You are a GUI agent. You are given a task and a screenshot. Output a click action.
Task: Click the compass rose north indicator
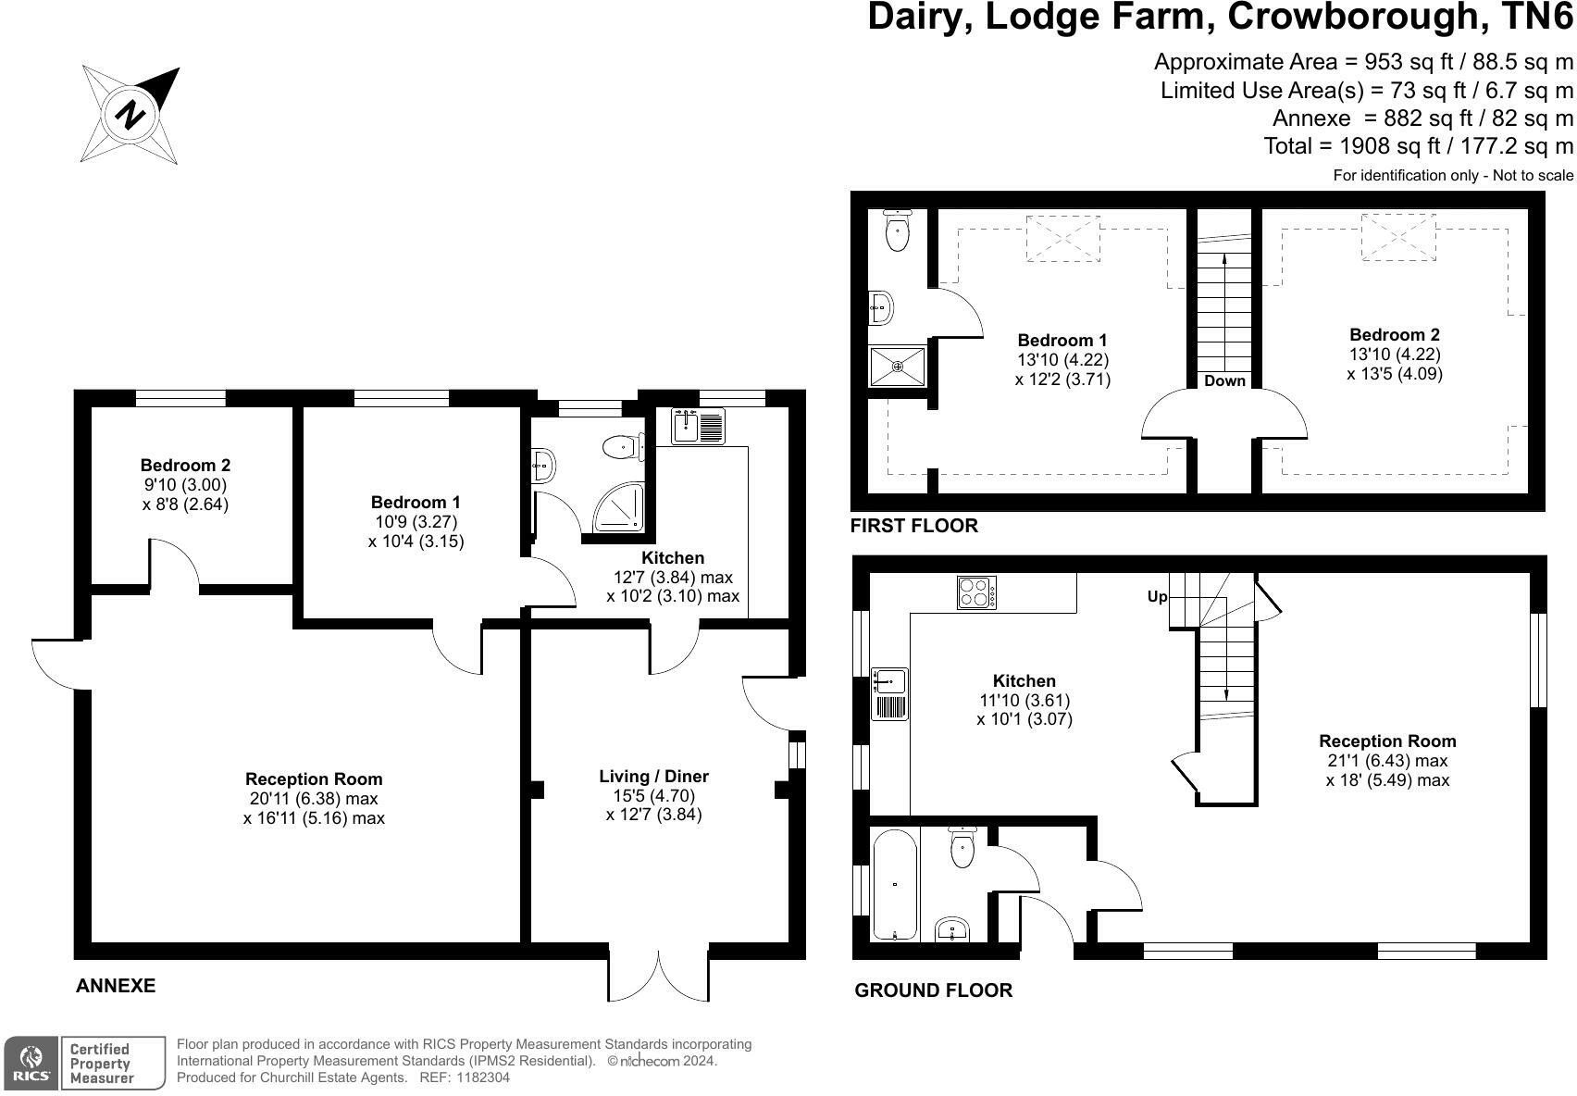(130, 115)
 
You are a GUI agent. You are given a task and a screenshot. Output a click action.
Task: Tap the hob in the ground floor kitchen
(976, 592)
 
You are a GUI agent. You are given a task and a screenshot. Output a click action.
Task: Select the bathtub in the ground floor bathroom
(895, 884)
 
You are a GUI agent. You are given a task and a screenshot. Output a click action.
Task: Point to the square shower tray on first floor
(898, 367)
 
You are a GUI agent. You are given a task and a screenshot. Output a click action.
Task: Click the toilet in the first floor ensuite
(898, 230)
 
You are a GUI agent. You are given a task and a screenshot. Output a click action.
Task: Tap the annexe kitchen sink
(698, 426)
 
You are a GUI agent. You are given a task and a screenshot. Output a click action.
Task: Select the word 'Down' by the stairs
(1224, 381)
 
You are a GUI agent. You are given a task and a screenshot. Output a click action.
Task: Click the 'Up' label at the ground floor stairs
(1158, 597)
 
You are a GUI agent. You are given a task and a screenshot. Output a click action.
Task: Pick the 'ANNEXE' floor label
(116, 986)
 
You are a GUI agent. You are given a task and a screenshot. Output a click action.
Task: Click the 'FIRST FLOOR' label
(913, 526)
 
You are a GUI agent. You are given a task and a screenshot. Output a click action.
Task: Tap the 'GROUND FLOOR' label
(934, 990)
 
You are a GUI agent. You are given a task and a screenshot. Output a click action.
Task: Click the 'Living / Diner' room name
(654, 777)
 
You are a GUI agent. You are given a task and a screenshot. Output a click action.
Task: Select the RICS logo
(31, 1063)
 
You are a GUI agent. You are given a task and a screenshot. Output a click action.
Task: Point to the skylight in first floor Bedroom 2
(1398, 237)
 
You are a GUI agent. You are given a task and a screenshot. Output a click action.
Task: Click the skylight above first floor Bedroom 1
(1063, 239)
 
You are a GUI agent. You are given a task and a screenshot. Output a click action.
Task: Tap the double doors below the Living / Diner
(659, 976)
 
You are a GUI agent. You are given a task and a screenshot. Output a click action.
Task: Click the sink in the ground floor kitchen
(890, 694)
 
